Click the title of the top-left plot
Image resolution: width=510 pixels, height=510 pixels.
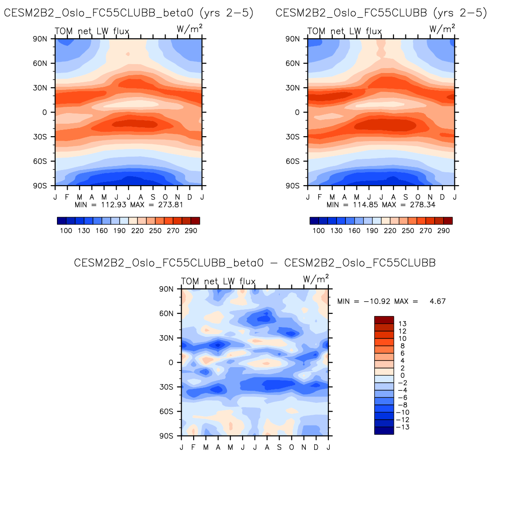(x=129, y=13)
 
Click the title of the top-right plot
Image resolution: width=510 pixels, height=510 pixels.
(x=381, y=13)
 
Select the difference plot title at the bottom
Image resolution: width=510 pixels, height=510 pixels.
(x=255, y=263)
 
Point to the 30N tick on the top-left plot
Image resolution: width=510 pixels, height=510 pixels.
(x=40, y=88)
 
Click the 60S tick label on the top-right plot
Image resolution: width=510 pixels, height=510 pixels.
(x=293, y=161)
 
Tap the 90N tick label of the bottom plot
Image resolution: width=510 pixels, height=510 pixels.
(x=166, y=289)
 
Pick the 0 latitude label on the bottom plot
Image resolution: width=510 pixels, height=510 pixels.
(x=171, y=363)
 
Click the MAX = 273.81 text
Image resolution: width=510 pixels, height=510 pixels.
(x=156, y=205)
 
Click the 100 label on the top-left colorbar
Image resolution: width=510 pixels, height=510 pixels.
(x=66, y=231)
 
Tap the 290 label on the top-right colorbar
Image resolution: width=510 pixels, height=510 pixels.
(x=443, y=231)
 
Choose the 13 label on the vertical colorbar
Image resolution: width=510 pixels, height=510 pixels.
(x=403, y=324)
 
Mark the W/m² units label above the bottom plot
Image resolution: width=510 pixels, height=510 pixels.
(x=316, y=279)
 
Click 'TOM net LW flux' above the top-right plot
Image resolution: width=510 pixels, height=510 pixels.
(x=344, y=31)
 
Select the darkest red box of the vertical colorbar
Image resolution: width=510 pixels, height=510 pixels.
(x=384, y=320)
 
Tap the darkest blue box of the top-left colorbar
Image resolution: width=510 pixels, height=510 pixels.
(x=62, y=221)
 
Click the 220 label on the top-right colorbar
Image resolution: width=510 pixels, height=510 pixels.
(x=390, y=231)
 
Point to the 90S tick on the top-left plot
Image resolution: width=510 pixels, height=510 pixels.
(x=40, y=186)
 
